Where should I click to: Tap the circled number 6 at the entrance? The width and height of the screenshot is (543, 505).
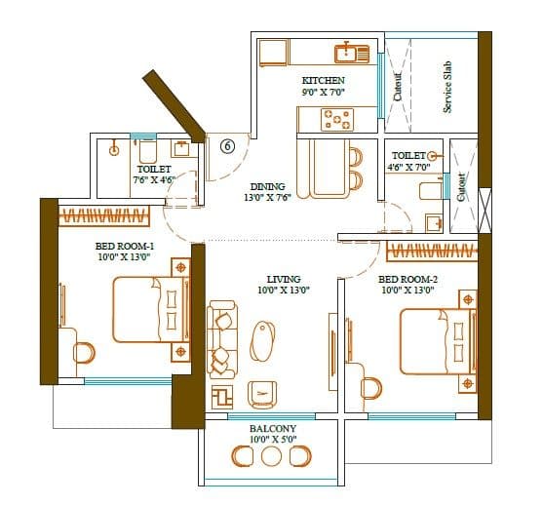point(227,146)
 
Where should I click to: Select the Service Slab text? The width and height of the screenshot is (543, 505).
point(447,87)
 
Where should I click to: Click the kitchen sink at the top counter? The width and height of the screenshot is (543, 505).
point(347,53)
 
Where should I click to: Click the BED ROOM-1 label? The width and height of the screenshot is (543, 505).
point(122,246)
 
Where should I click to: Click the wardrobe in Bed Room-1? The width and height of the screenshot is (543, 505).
point(104,214)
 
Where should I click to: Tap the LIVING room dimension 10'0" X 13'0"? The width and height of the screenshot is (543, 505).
point(283,290)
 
